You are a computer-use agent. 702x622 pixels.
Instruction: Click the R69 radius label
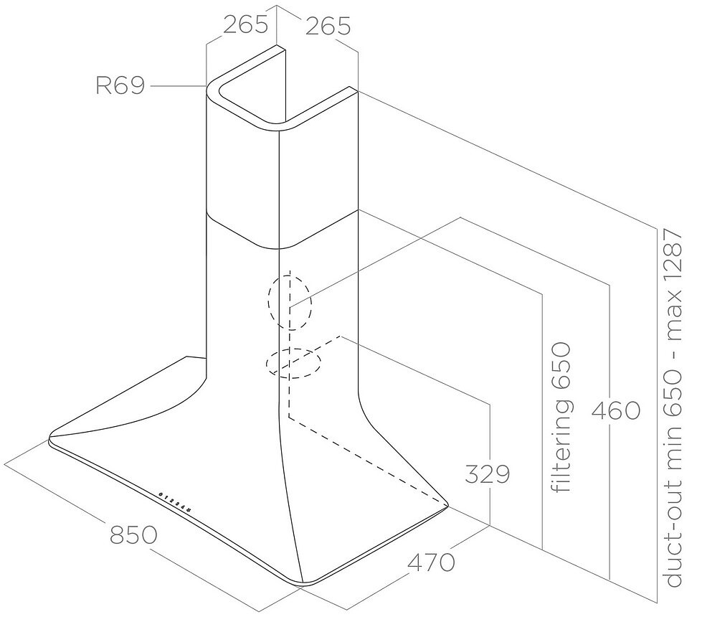tap(120, 85)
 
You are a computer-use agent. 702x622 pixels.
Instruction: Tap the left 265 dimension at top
tap(245, 24)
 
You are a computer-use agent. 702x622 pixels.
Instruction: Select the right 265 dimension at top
tap(328, 26)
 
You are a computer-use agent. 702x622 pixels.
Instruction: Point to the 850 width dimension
tap(133, 534)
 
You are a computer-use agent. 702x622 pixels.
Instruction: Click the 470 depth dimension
tap(431, 562)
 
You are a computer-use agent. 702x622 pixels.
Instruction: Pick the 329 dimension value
tap(487, 473)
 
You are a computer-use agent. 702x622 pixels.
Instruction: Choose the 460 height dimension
tap(616, 410)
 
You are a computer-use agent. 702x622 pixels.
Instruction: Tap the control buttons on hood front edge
tap(176, 502)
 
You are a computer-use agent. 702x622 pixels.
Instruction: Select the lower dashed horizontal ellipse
tap(293, 363)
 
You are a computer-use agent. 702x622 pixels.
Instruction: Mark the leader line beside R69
tap(178, 85)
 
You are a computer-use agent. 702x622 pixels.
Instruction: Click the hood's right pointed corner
tap(447, 504)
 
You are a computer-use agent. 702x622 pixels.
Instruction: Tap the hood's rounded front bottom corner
tap(303, 583)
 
